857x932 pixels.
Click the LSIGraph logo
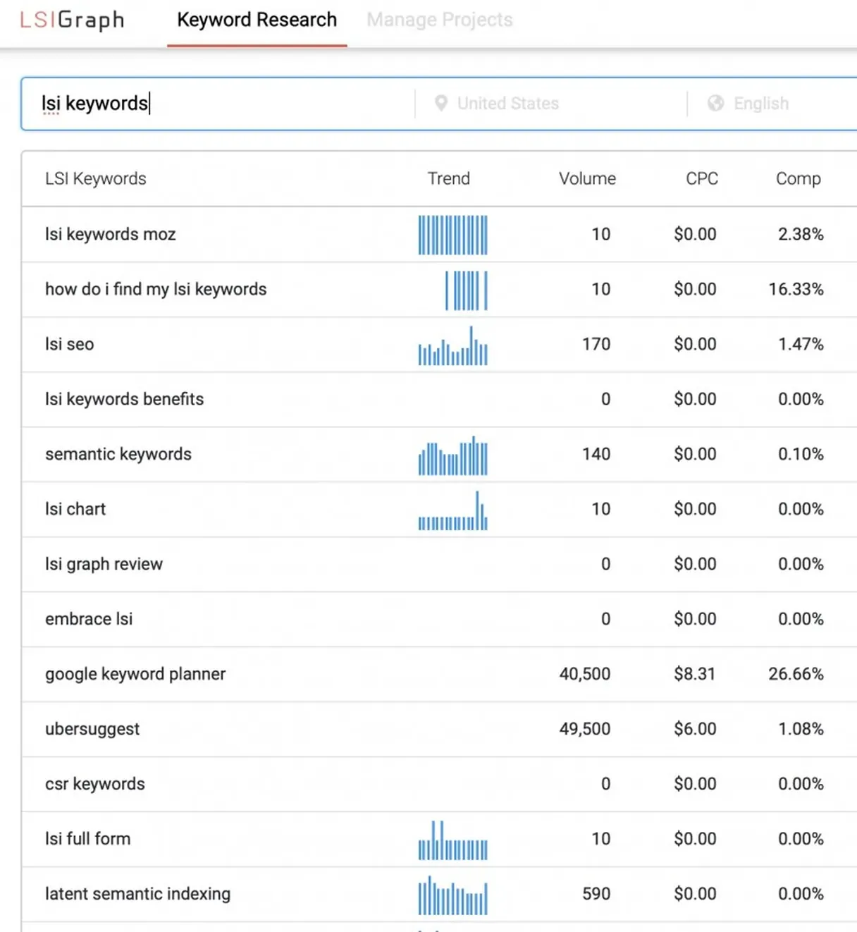point(72,20)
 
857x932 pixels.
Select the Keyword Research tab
point(257,20)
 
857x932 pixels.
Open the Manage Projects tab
point(439,20)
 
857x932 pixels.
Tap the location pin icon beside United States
point(441,104)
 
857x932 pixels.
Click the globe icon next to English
point(715,104)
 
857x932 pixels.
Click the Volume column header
point(587,178)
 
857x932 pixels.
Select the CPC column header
point(702,178)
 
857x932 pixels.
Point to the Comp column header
point(798,178)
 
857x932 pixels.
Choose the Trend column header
point(448,178)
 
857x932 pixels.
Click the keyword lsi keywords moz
point(111,234)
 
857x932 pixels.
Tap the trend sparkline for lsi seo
point(452,345)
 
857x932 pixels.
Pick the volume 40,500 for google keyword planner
point(584,674)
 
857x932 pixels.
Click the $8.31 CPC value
point(694,674)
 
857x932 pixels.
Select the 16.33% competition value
point(796,289)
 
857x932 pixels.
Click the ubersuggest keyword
point(92,729)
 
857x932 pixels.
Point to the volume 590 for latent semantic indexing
point(596,894)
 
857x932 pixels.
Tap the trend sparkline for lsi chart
point(452,511)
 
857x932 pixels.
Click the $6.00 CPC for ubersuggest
point(694,729)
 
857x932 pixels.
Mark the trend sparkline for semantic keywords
point(452,456)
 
